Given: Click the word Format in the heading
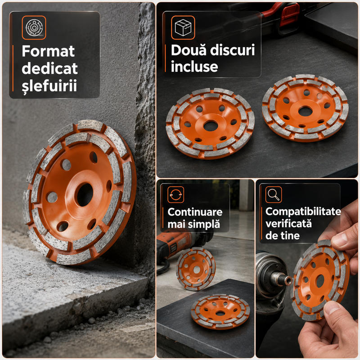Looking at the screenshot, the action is (48, 51).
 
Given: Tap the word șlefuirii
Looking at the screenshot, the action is (49, 85).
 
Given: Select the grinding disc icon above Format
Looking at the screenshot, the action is (34, 27).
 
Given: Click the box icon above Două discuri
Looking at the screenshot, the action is (183, 27).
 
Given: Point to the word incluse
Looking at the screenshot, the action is (194, 67).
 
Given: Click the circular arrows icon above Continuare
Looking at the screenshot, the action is (175, 195).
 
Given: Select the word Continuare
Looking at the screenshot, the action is (195, 212).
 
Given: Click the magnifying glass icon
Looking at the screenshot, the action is (274, 195).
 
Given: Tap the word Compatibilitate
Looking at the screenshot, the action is (303, 211).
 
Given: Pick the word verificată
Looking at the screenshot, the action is (288, 223).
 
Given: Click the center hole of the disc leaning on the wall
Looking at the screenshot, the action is (85, 195).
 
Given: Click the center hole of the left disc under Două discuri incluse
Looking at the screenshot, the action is (211, 126).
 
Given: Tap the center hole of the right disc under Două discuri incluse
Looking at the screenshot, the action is (305, 111).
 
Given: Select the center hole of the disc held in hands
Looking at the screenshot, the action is (320, 281).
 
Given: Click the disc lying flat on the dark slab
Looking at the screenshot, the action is (220, 311).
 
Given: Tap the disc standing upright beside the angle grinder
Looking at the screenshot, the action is (196, 269).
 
